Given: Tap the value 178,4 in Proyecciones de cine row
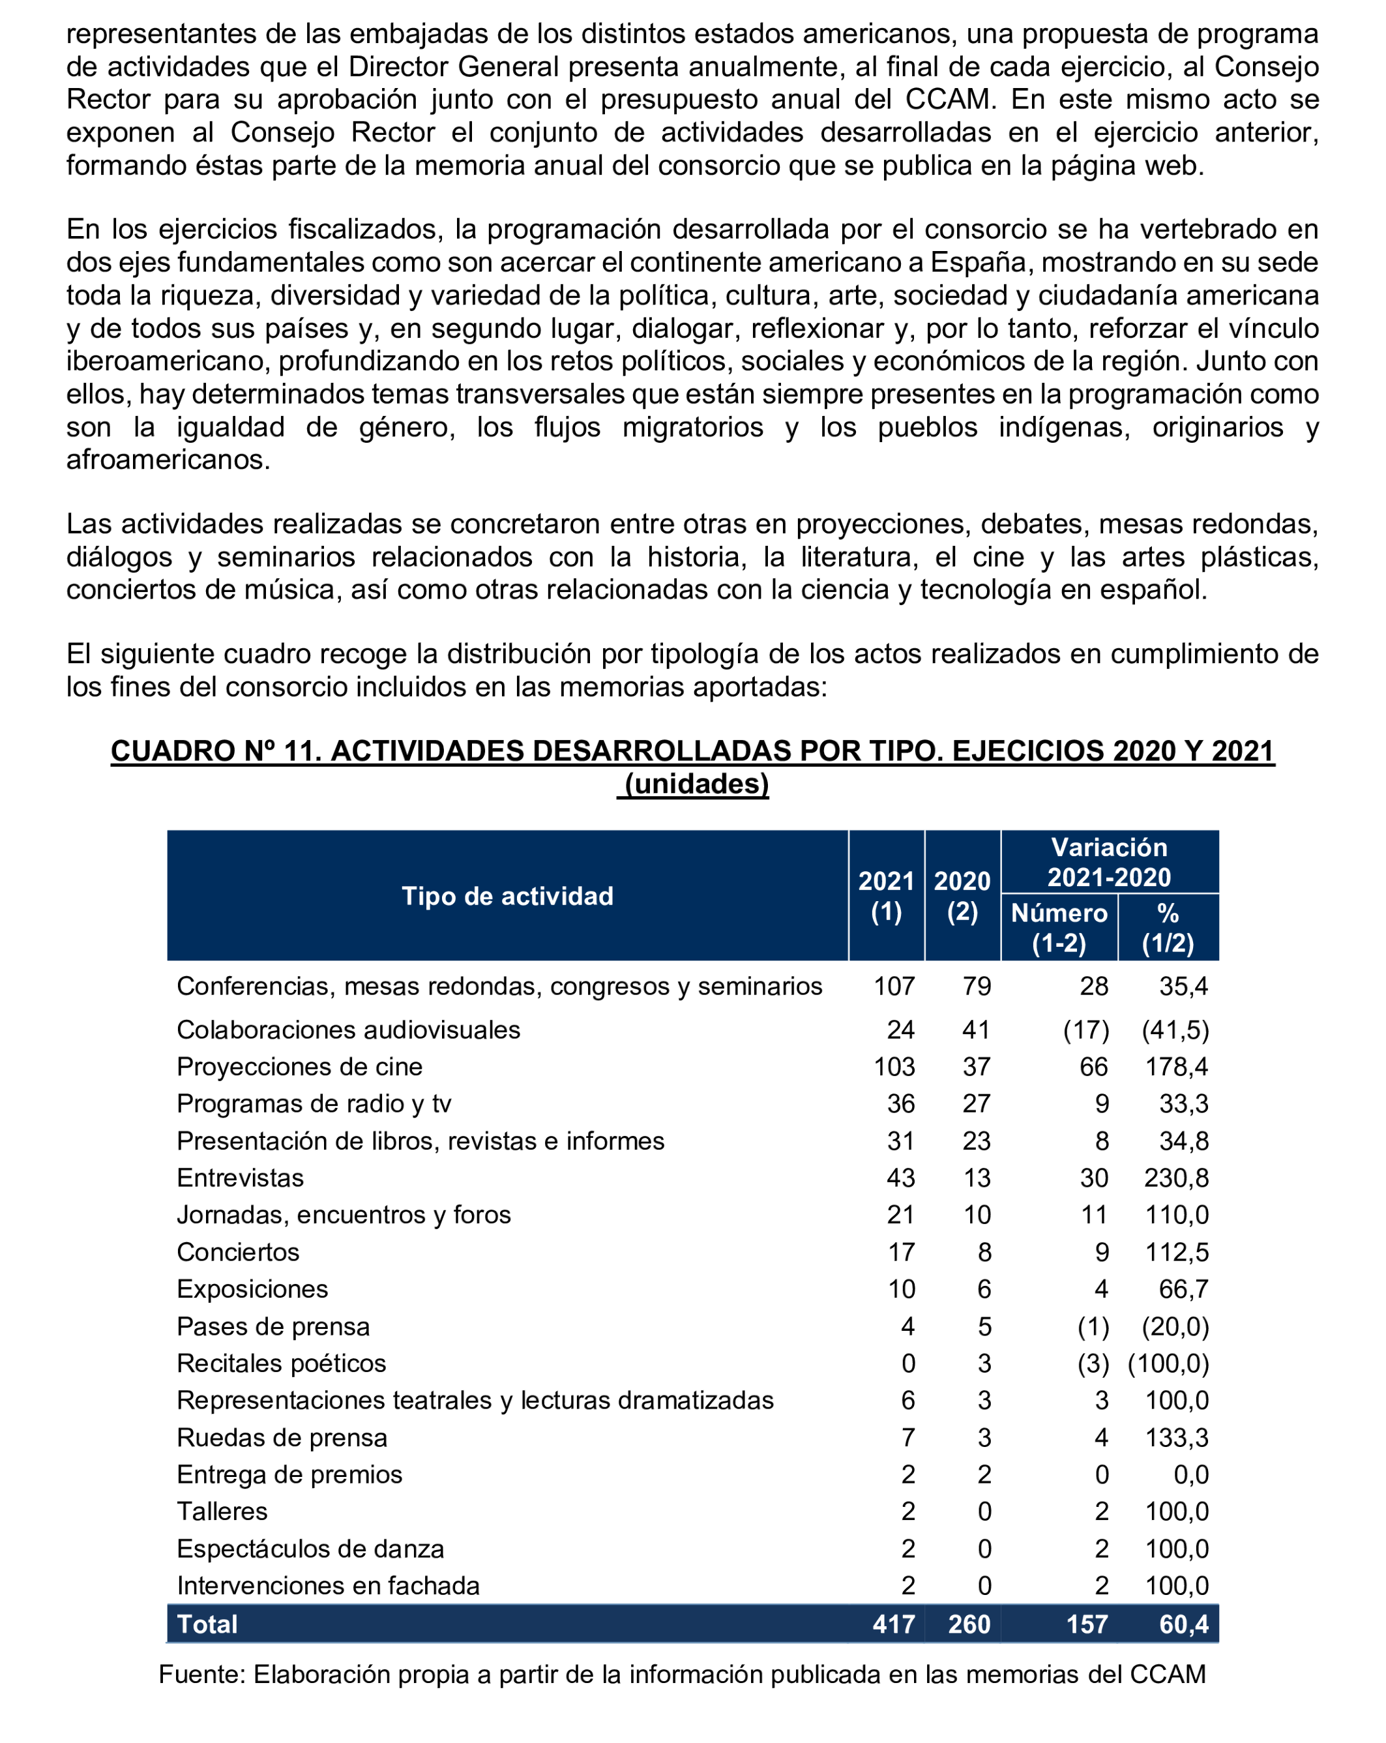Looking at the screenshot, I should tap(1176, 1065).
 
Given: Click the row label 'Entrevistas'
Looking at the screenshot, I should tap(240, 1177).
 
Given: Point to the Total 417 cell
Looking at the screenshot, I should tap(894, 1624).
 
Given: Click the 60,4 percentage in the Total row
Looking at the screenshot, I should tap(1183, 1624).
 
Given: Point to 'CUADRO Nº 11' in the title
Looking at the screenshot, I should tap(216, 751).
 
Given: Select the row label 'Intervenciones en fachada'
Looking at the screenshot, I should tap(328, 1585).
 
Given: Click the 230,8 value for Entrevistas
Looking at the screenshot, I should tap(1176, 1177).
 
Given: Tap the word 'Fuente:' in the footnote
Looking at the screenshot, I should tap(202, 1673).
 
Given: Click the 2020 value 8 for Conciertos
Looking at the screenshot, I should tap(984, 1251).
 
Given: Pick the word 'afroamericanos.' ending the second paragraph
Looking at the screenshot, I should tap(168, 459).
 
